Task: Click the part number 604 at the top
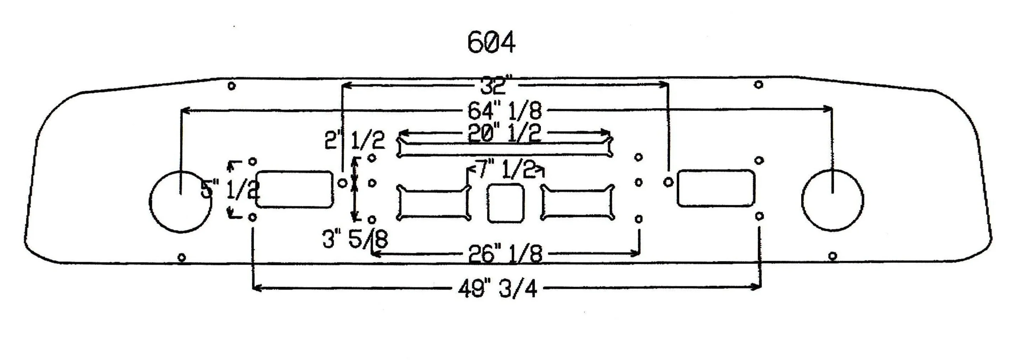[x=491, y=42]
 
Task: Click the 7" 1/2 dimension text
[x=507, y=170]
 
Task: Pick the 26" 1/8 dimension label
[x=505, y=254]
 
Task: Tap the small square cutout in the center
[x=506, y=203]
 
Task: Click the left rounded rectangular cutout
[x=295, y=189]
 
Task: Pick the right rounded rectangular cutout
[x=716, y=188]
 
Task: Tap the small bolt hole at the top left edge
[x=232, y=85]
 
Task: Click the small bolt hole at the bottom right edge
[x=832, y=256]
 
